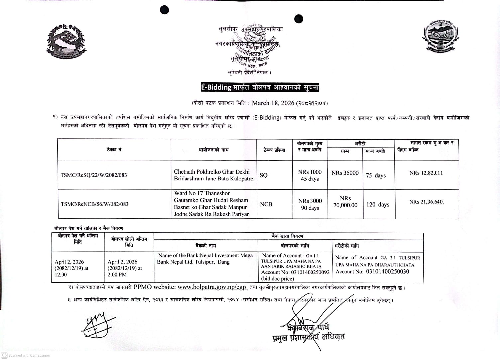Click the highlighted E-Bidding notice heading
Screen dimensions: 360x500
click(x=260, y=87)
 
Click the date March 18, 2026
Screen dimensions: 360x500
click(x=273, y=103)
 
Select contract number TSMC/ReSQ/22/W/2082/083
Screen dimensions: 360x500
click(x=94, y=175)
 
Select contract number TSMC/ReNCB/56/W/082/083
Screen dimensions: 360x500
click(x=94, y=204)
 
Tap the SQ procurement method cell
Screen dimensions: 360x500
click(x=264, y=175)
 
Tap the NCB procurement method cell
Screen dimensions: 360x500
click(x=266, y=204)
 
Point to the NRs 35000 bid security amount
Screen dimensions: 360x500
click(x=345, y=173)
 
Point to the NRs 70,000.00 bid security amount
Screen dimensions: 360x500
click(x=345, y=202)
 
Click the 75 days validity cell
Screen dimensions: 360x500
click(x=376, y=175)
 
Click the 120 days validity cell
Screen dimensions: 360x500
click(x=378, y=204)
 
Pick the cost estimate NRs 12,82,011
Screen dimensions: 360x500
click(x=426, y=173)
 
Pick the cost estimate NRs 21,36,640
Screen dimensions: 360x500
click(x=427, y=202)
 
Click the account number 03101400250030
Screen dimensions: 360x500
click(x=387, y=272)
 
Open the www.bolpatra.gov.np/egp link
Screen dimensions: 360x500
click(x=212, y=287)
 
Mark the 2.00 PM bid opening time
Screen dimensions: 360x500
click(x=117, y=275)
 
